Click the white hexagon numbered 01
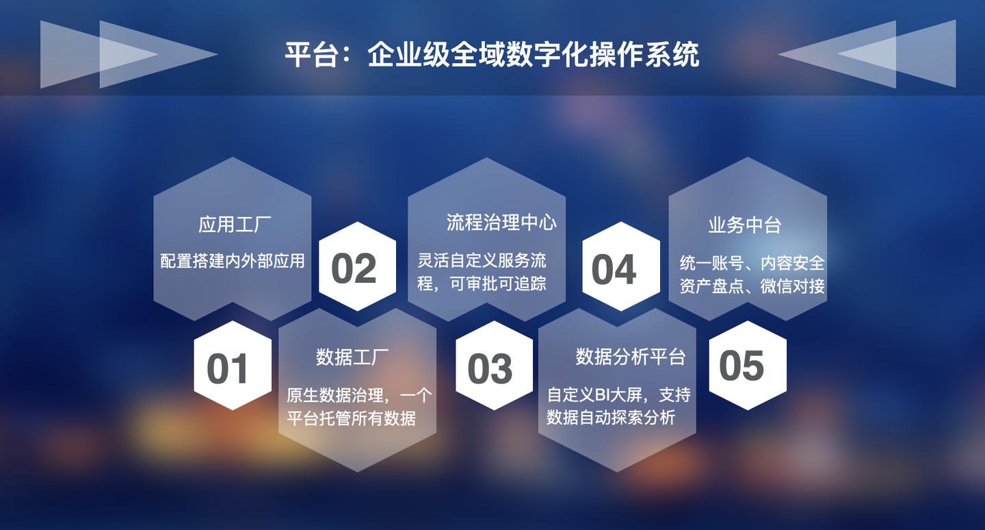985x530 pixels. pyautogui.click(x=233, y=366)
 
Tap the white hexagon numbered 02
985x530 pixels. pyautogui.click(x=357, y=267)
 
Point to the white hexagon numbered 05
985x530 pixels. pyautogui.click(x=747, y=364)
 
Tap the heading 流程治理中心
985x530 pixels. pyautogui.click(x=501, y=222)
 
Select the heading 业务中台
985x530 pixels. pyautogui.click(x=745, y=225)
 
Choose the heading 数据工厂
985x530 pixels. pyautogui.click(x=352, y=357)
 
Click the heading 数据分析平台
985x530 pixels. pyautogui.click(x=630, y=356)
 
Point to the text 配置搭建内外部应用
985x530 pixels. pyautogui.click(x=233, y=261)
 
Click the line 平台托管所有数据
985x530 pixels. pyautogui.click(x=351, y=418)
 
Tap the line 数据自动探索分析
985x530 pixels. pyautogui.click(x=611, y=417)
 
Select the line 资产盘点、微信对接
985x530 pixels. pyautogui.click(x=752, y=286)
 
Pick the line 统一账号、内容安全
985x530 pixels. pyautogui.click(x=752, y=263)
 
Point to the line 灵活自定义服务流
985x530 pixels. pyautogui.click(x=482, y=261)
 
